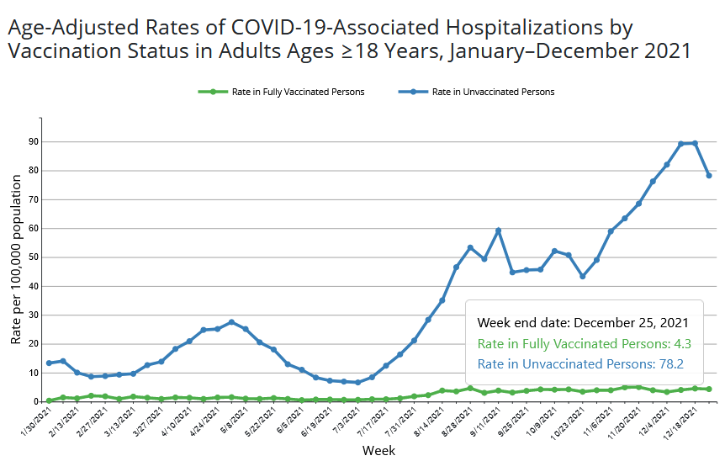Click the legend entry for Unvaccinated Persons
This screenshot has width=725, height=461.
493,92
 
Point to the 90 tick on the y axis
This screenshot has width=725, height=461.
34,141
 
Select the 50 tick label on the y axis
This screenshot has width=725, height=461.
34,257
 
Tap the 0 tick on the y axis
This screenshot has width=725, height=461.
36,401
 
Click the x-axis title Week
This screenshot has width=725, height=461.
378,450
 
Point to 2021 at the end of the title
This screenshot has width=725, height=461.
664,50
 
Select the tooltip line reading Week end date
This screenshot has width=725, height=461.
584,322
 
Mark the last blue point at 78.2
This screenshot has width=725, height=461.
709,175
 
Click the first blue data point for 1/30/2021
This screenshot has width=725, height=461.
49,363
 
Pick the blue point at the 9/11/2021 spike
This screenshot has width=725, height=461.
498,231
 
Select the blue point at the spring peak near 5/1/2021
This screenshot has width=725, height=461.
231,322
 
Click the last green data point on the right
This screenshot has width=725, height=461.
709,389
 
